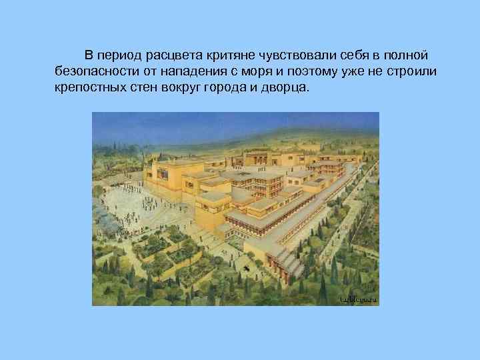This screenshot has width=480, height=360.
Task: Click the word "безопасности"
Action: click(x=91, y=71)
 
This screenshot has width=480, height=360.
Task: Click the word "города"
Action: click(x=228, y=88)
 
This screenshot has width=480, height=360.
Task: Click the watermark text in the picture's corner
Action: click(x=358, y=299)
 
